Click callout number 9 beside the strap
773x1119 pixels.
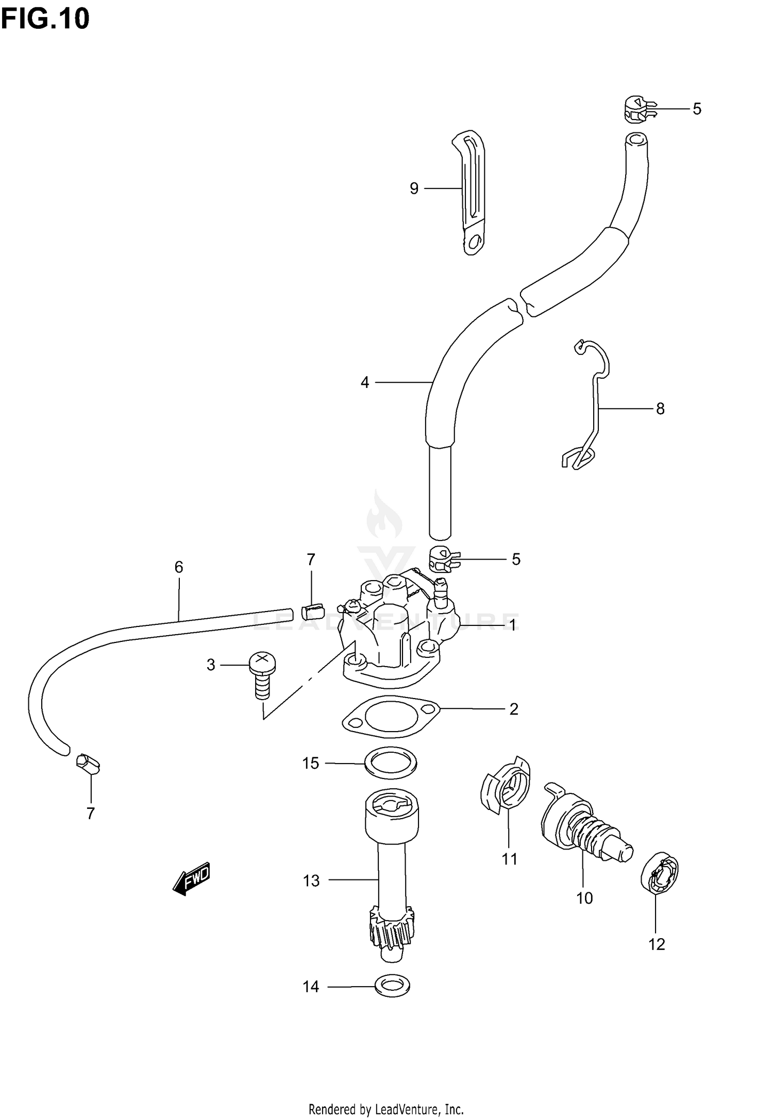414,189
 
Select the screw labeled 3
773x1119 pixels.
262,672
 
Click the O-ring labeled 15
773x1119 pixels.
390,763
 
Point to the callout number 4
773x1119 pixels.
365,382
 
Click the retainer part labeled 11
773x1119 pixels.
506,789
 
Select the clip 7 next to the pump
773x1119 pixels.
311,611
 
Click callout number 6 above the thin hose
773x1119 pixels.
178,567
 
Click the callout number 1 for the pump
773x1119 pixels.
512,625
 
